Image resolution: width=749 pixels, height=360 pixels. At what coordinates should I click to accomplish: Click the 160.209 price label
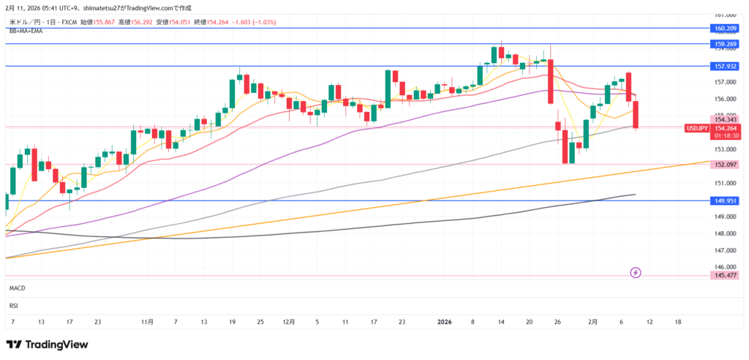tap(723, 29)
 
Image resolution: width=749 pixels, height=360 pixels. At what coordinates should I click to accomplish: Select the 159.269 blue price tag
tap(723, 44)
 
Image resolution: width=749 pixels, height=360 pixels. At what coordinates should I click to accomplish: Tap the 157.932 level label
tap(723, 66)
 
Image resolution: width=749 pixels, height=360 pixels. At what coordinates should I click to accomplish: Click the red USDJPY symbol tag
tap(696, 128)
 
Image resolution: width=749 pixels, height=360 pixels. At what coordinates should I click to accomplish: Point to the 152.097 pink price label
tap(723, 165)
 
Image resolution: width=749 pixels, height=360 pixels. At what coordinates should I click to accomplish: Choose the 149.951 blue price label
tap(723, 200)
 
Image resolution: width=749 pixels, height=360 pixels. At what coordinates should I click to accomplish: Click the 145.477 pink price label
tap(723, 275)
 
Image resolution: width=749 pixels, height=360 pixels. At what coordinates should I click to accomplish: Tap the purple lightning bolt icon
tap(636, 273)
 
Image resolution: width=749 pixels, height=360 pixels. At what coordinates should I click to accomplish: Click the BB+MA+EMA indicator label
tap(26, 31)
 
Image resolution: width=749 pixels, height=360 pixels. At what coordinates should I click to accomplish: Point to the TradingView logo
tap(47, 344)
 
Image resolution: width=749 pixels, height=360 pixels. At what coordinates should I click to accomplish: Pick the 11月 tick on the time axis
tap(147, 321)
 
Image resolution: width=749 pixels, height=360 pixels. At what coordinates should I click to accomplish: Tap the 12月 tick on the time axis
tap(288, 321)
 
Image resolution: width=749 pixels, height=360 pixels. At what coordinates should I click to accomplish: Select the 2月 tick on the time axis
tap(592, 321)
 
